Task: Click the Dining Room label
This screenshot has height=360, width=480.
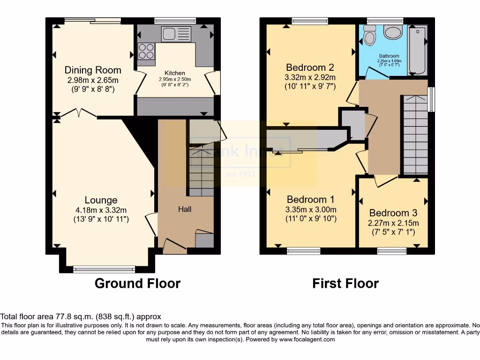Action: coord(93,70)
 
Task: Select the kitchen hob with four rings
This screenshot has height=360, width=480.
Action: coord(146,51)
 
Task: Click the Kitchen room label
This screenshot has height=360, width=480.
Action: coord(174,73)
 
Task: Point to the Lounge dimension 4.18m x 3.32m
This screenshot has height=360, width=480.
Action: coord(101,210)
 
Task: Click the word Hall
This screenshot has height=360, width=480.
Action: coord(184,209)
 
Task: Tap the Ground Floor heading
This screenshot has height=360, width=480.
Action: coord(137,283)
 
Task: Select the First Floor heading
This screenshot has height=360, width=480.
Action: coord(345,283)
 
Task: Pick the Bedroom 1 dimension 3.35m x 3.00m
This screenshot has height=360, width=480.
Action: coord(311,210)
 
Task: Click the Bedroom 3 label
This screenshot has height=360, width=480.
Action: coord(393,213)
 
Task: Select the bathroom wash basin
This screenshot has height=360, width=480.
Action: coord(392,31)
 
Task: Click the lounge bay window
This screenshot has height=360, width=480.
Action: coord(105,269)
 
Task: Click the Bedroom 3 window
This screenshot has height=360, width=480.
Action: coord(392,251)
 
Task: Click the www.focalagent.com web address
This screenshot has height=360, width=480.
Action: coord(307,339)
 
